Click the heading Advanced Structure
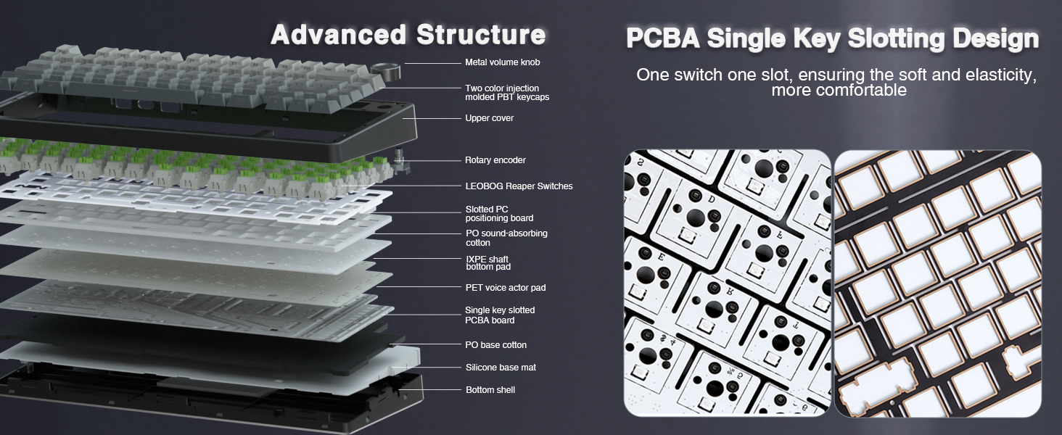click(408, 34)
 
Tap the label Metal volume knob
click(502, 62)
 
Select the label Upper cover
click(489, 118)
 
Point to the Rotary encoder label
click(495, 160)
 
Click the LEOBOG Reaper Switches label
click(519, 186)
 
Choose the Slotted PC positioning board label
click(499, 214)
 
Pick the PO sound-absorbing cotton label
click(506, 238)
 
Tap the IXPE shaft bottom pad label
click(487, 263)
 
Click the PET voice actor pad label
click(505, 288)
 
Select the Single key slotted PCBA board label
click(500, 315)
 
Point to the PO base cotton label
click(495, 345)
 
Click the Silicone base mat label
click(501, 368)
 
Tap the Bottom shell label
click(490, 390)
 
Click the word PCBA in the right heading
click(663, 38)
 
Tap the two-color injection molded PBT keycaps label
click(506, 92)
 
